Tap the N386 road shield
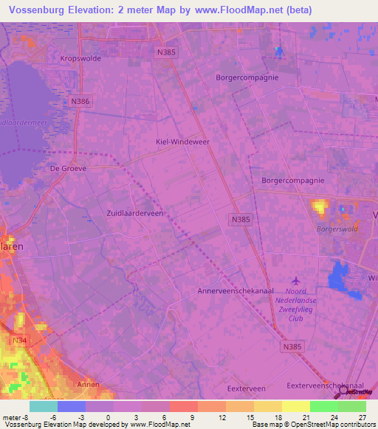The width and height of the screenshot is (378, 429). tap(81, 100)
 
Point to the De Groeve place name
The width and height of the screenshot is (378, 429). tap(68, 168)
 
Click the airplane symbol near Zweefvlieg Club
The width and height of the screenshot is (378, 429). tap(297, 280)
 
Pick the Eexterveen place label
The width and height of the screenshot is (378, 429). tap(246, 388)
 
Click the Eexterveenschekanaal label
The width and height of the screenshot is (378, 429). tap(326, 386)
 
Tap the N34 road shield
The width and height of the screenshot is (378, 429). tap(19, 341)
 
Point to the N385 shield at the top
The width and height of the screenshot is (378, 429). tap(166, 52)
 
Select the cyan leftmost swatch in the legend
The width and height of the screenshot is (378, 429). tap(44, 406)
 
